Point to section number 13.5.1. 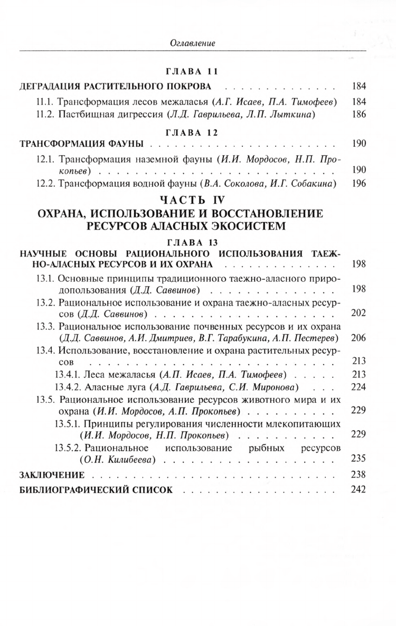point(67,424)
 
